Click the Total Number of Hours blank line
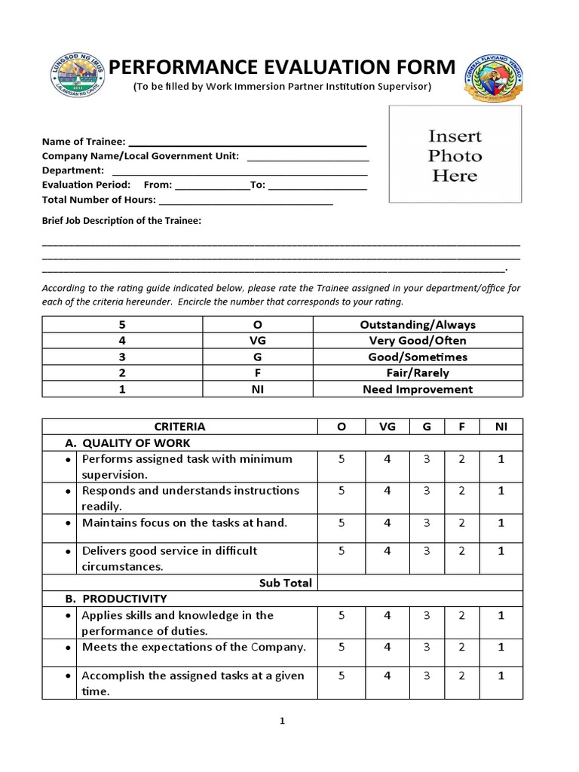click(x=246, y=201)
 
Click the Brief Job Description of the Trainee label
click(x=121, y=221)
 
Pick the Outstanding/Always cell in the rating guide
click(x=418, y=325)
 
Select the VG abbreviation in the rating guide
click(x=258, y=341)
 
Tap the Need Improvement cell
click(x=418, y=390)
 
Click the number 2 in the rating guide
click(x=122, y=373)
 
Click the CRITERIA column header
click(x=179, y=427)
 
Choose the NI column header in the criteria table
click(x=501, y=427)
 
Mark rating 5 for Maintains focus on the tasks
click(x=342, y=522)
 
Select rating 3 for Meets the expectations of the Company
click(x=427, y=647)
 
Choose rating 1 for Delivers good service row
click(x=501, y=551)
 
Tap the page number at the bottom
click(x=282, y=721)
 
